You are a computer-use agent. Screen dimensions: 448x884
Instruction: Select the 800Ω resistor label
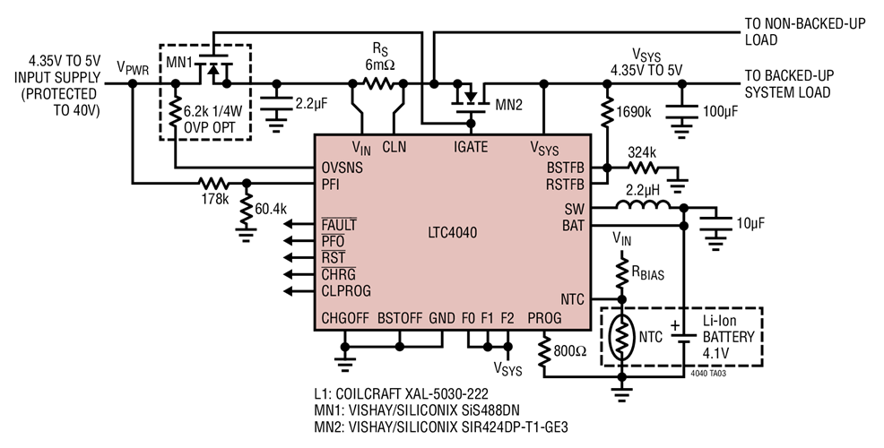pos(570,351)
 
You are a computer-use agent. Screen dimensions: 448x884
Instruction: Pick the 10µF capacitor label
pos(751,221)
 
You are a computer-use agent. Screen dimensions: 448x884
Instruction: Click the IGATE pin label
pos(472,147)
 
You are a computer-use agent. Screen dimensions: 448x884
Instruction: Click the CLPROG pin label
pos(346,290)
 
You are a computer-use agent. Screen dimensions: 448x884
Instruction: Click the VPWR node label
pos(134,67)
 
